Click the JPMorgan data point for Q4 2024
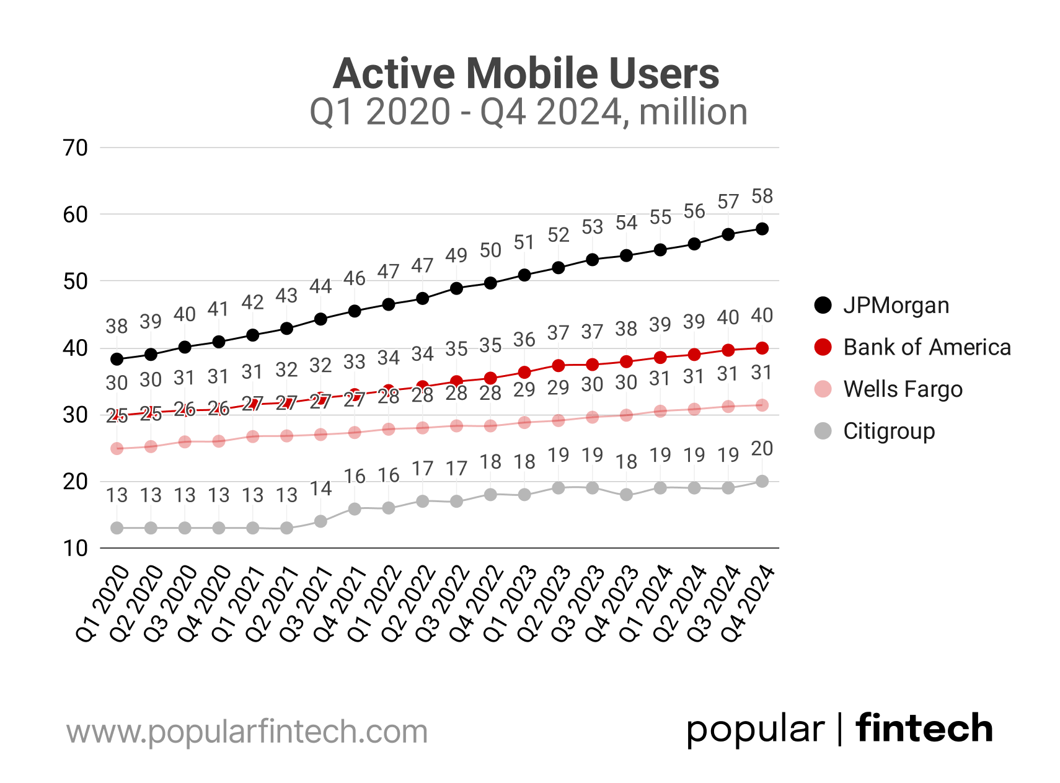click(x=762, y=229)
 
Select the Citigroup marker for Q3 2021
click(x=320, y=521)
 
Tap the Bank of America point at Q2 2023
click(x=558, y=366)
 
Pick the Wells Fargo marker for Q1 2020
click(x=117, y=448)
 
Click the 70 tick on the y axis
click(x=76, y=148)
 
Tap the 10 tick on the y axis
click(x=76, y=548)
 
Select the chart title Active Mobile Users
click(x=526, y=74)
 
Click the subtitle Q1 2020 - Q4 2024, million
click(x=528, y=112)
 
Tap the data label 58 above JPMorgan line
click(x=762, y=197)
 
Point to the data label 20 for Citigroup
click(x=762, y=448)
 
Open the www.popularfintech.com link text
click(x=247, y=732)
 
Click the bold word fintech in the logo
click(x=924, y=728)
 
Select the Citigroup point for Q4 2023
click(x=626, y=495)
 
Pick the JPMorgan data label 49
click(x=456, y=255)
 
